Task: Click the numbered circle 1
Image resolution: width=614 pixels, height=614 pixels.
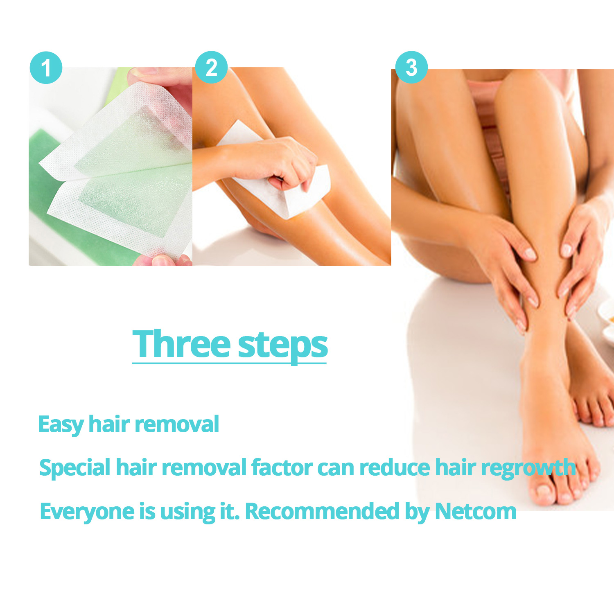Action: (x=46, y=68)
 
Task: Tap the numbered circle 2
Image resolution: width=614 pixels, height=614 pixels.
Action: (x=211, y=68)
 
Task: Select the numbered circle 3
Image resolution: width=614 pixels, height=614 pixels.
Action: (x=411, y=68)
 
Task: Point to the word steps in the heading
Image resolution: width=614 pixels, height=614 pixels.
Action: (x=282, y=346)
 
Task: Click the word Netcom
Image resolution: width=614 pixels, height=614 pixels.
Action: (x=476, y=511)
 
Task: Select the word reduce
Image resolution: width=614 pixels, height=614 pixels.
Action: (x=395, y=467)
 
